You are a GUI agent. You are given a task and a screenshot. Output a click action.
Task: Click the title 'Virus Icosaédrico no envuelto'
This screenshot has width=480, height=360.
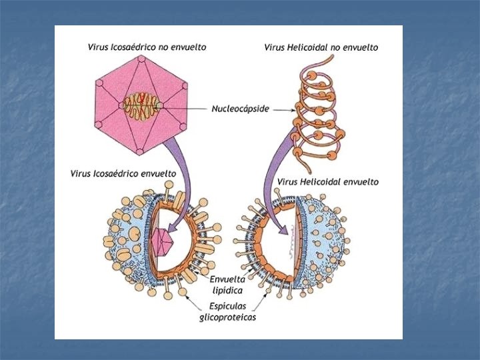[x=147, y=47]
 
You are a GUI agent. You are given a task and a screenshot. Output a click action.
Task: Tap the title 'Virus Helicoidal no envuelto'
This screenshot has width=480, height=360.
[x=321, y=47]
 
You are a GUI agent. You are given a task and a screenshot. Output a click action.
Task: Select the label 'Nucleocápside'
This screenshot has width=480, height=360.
[x=241, y=109]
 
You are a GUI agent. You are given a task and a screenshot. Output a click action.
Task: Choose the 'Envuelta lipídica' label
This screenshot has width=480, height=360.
[x=228, y=285]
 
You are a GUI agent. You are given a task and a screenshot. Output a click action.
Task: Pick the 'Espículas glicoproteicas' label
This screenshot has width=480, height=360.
[x=227, y=312]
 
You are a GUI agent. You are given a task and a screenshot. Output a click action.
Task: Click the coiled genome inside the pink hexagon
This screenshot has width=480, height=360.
[x=142, y=105]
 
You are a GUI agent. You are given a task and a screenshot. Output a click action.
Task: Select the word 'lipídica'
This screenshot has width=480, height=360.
[x=227, y=290]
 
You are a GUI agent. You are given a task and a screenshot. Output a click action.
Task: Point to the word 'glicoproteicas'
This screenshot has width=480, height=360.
[x=227, y=317]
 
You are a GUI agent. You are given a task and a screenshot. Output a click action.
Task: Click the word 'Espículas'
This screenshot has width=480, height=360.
[x=228, y=307]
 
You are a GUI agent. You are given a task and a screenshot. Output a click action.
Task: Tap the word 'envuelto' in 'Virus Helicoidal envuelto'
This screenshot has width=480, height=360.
[x=360, y=181]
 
